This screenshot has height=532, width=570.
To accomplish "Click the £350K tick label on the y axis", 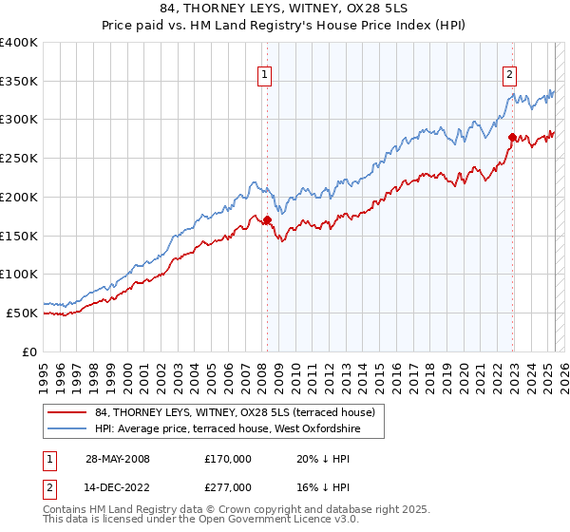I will (x=19, y=82).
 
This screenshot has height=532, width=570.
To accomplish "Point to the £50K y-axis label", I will (x=22, y=313).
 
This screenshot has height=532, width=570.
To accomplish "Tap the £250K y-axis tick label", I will (x=19, y=159).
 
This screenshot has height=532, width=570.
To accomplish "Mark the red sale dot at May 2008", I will (x=267, y=219).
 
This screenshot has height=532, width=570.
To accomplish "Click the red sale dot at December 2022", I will (x=512, y=138).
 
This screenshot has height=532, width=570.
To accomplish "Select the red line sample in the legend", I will (x=68, y=412).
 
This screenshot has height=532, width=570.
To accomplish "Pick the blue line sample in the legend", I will (x=68, y=428).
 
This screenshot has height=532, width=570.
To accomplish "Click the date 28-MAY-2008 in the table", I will (x=116, y=458).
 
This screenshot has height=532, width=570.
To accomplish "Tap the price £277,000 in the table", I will (x=228, y=486).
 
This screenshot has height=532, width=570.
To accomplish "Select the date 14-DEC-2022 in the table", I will (x=116, y=486).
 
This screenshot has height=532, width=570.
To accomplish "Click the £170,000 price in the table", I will (x=228, y=458).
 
